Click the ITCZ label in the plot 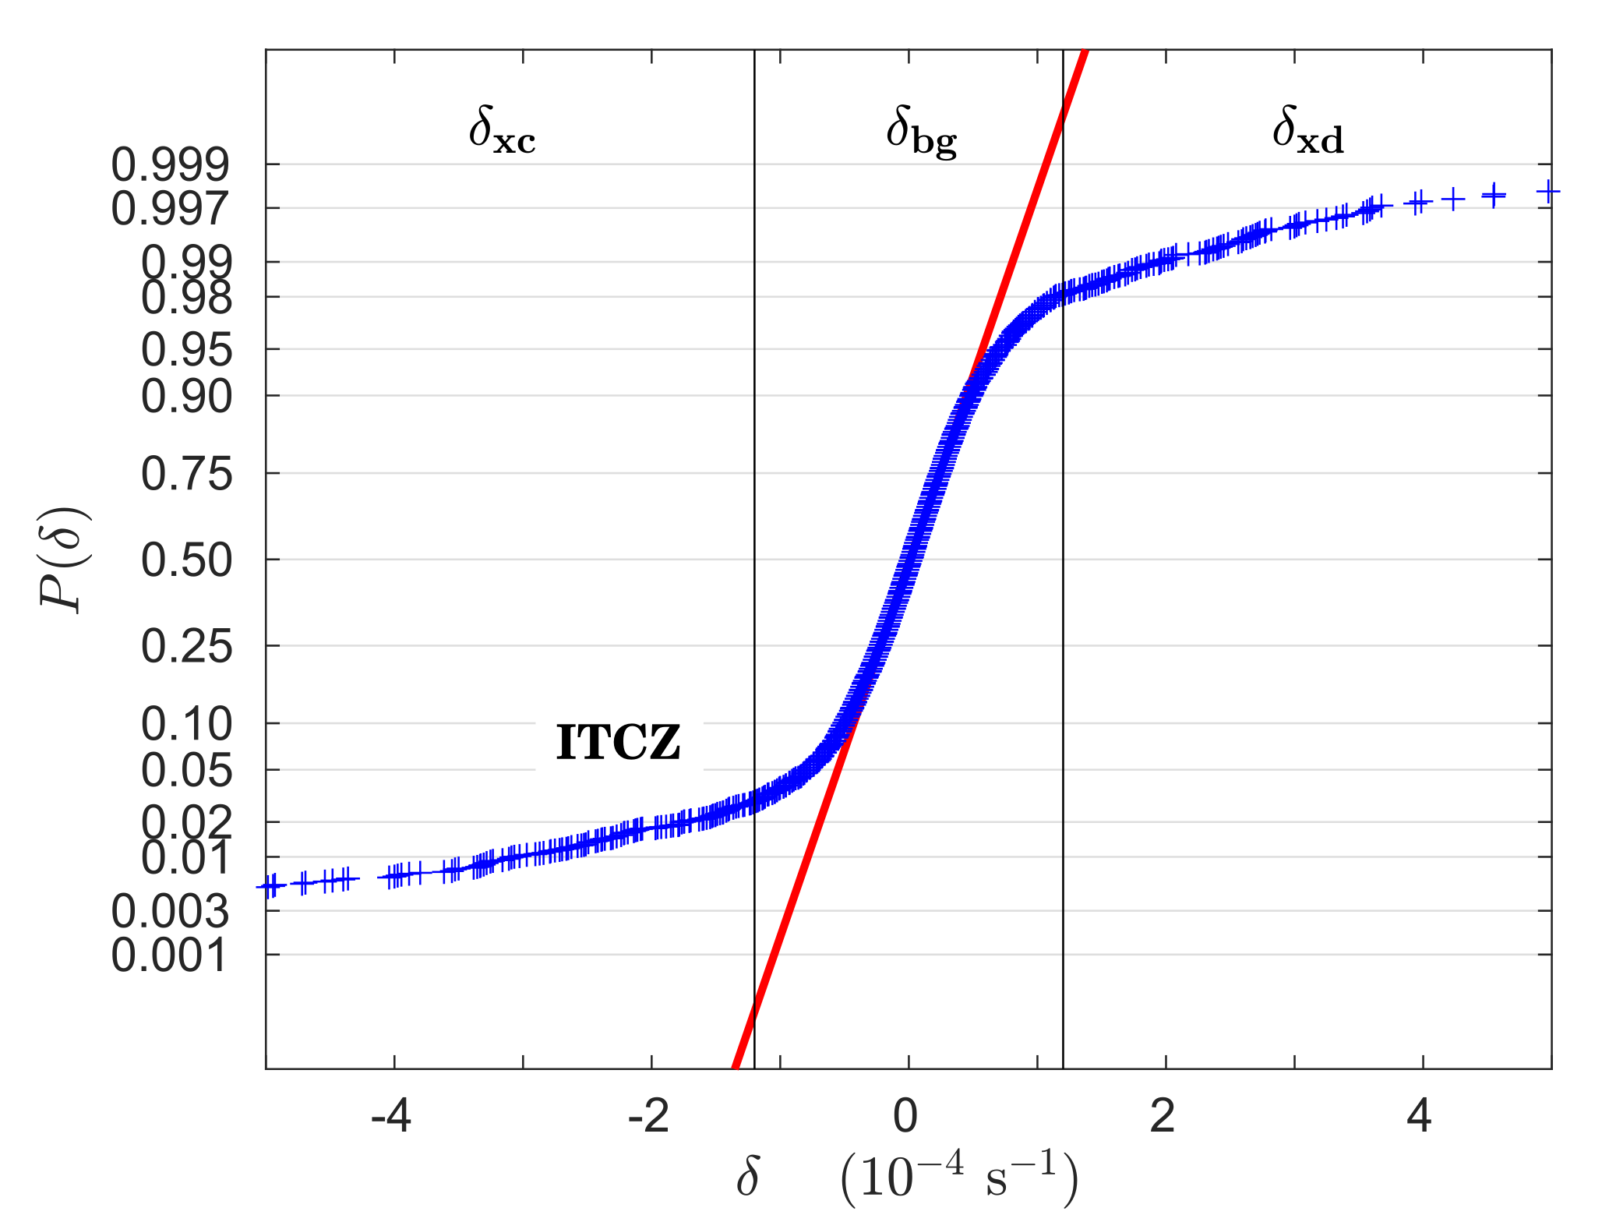tap(619, 743)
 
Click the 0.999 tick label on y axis tap(171, 164)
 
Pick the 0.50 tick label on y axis tap(186, 560)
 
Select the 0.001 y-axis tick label tap(171, 955)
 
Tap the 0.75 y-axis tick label tap(186, 474)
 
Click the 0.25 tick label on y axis tap(186, 647)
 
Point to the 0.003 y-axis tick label tap(171, 911)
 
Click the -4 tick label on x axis tap(390, 1116)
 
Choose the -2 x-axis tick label tap(648, 1116)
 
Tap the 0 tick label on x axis tap(905, 1116)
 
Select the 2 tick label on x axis tap(1163, 1116)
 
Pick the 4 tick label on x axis tap(1420, 1116)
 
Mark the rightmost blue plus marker tap(1547, 192)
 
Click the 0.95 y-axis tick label tap(186, 350)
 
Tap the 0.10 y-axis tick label tap(186, 724)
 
